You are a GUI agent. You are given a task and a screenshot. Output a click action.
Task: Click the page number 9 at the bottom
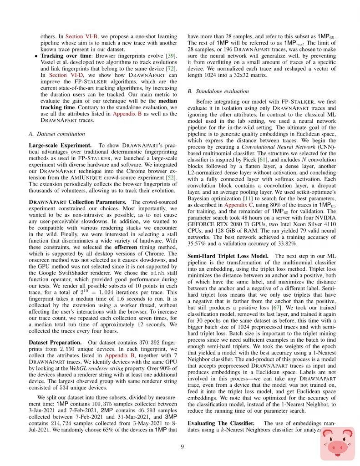182,446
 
